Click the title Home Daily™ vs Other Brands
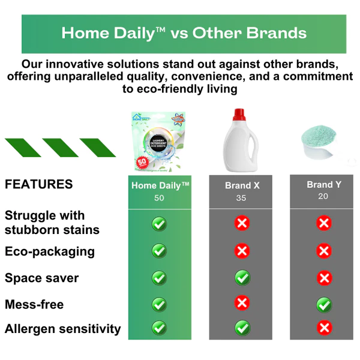click(184, 32)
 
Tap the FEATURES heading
click(39, 184)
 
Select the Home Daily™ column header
click(160, 185)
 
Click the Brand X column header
click(242, 185)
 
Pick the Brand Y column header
click(323, 184)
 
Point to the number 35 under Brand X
click(241, 198)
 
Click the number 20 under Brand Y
click(323, 196)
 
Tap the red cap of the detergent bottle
click(239, 114)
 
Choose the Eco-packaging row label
click(50, 251)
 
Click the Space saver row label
click(42, 278)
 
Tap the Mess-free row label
click(34, 304)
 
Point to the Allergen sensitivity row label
click(63, 329)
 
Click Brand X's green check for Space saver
click(242, 277)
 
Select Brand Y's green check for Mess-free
click(324, 304)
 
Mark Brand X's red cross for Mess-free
click(242, 303)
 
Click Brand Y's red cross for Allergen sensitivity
click(324, 328)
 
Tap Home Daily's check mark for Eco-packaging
click(159, 251)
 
